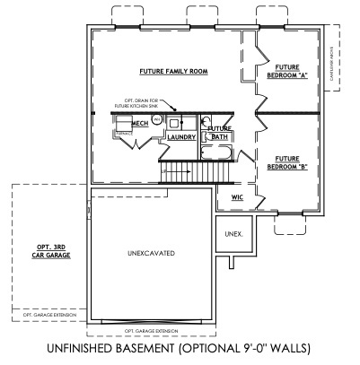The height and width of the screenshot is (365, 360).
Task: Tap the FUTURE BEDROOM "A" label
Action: coord(287,71)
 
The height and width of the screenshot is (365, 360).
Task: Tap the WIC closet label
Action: coord(238,196)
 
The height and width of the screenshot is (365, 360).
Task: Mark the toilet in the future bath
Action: coord(206,125)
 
